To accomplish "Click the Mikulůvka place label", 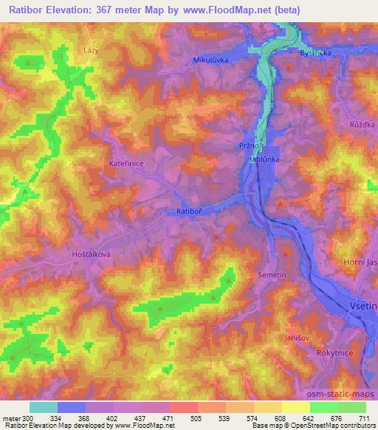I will point(210,60).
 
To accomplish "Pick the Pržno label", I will point(247,146).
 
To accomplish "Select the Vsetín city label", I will point(362,304).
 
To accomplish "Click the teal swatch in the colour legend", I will point(44,407).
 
